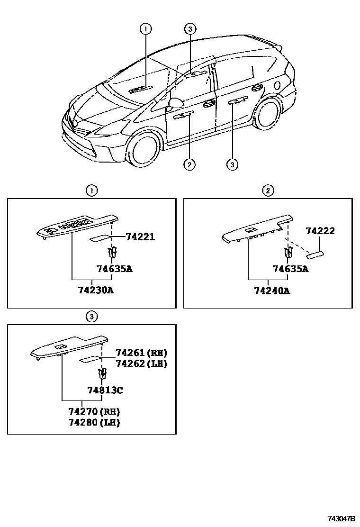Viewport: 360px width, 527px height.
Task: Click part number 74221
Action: pyautogui.click(x=141, y=237)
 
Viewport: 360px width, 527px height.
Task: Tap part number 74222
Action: pyautogui.click(x=320, y=231)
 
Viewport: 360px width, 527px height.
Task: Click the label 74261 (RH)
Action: pyautogui.click(x=142, y=353)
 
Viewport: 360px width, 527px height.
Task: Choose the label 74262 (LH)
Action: pyautogui.click(x=142, y=363)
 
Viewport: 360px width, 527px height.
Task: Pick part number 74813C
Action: pyautogui.click(x=105, y=391)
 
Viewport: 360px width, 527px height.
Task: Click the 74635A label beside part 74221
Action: pyautogui.click(x=114, y=269)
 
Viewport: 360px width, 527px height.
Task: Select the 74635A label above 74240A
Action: pyautogui.click(x=290, y=269)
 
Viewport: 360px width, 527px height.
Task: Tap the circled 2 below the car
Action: pyautogui.click(x=189, y=164)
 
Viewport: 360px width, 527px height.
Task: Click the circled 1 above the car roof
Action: pyautogui.click(x=145, y=29)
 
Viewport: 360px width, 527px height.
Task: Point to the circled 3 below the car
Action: pyautogui.click(x=232, y=164)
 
